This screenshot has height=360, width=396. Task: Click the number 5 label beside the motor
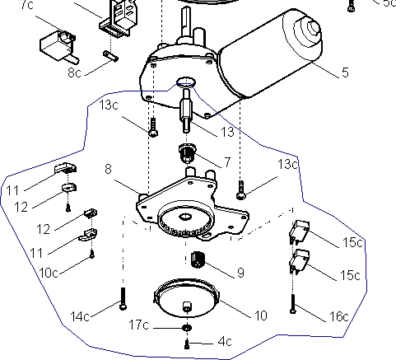pos(344,72)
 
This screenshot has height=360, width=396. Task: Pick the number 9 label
pos(240,272)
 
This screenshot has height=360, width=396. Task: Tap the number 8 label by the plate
pos(109,169)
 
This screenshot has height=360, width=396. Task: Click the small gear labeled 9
pos(197,260)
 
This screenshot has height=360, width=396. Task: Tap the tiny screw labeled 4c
pos(187,342)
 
